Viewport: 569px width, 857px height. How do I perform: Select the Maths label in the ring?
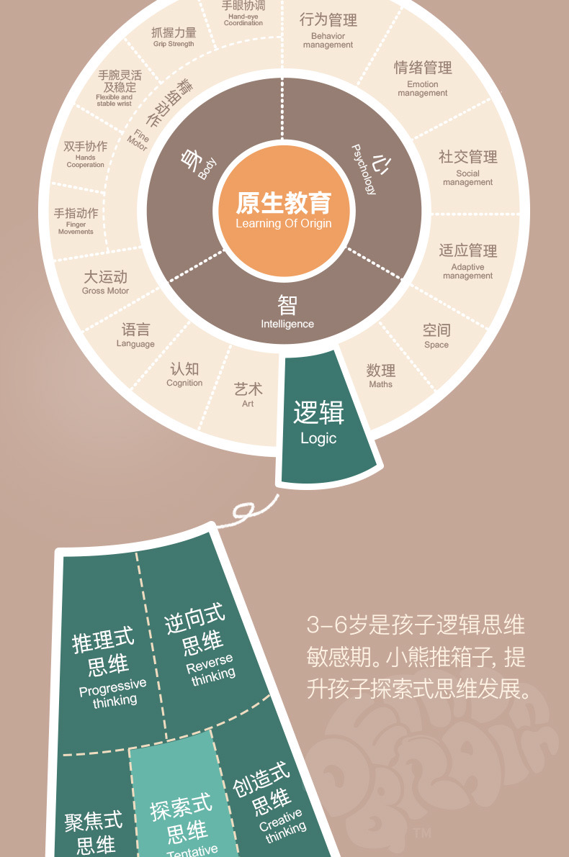[380, 376]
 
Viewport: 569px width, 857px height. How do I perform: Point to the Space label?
[436, 335]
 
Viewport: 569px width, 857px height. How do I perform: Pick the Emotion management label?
[423, 77]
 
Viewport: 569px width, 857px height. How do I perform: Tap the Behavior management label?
[328, 30]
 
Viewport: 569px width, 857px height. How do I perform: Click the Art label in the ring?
[248, 394]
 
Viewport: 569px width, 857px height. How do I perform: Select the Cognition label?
[184, 374]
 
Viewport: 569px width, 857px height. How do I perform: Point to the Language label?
[135, 335]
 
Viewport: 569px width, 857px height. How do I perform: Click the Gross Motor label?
[105, 282]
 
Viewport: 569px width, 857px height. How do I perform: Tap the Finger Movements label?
[76, 220]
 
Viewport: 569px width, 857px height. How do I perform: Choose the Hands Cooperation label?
[85, 153]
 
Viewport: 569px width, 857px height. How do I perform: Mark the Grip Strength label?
[174, 37]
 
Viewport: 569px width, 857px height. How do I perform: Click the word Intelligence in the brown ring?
[287, 324]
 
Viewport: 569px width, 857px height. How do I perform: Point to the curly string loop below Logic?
[248, 512]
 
